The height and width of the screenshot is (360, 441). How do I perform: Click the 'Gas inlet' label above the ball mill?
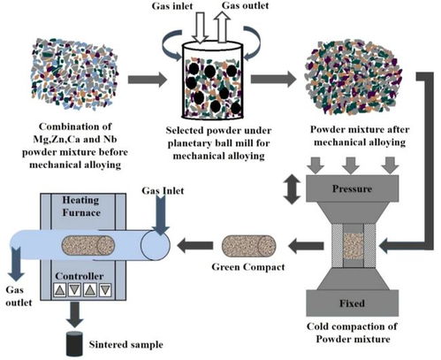click(x=172, y=6)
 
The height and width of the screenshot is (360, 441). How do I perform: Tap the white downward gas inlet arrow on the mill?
click(x=200, y=27)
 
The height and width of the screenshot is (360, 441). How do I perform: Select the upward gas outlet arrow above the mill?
click(x=222, y=27)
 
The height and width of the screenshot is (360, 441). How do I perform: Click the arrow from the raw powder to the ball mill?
click(x=147, y=79)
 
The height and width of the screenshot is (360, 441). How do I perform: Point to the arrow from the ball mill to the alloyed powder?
click(x=273, y=79)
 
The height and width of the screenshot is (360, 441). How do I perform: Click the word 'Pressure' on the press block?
click(x=352, y=188)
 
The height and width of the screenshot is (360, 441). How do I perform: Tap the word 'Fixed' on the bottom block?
click(x=352, y=303)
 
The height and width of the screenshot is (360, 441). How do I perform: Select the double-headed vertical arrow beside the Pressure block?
click(x=292, y=189)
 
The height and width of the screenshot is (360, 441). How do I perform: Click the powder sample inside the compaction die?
click(x=354, y=246)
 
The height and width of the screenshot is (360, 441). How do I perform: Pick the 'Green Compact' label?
click(x=248, y=267)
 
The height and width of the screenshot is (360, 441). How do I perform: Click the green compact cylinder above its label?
click(x=248, y=246)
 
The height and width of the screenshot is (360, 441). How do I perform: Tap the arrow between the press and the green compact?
click(x=306, y=246)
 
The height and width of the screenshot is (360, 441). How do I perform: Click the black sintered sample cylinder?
click(x=73, y=344)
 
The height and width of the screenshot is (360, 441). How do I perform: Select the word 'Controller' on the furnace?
click(x=80, y=276)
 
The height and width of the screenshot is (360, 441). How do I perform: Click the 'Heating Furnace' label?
click(x=81, y=206)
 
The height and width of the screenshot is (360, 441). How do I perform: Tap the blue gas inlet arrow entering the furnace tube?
click(x=160, y=215)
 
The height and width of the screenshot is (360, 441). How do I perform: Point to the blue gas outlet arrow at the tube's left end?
click(x=16, y=264)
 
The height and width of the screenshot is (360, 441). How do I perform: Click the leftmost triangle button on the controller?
click(x=60, y=290)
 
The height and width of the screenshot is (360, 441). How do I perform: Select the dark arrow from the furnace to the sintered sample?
click(x=75, y=315)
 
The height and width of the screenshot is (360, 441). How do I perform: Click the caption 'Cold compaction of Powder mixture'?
click(x=353, y=333)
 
